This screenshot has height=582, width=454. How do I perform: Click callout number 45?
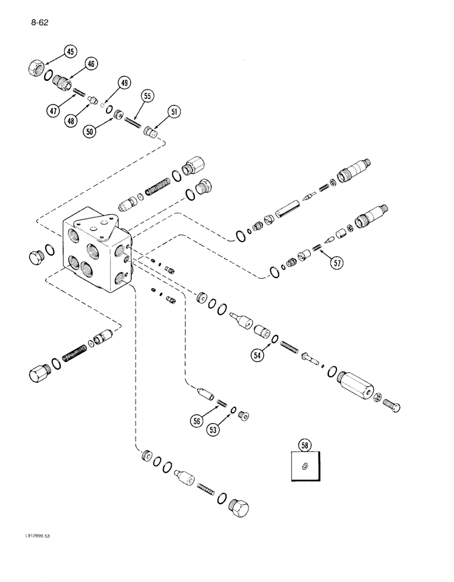pos(69,52)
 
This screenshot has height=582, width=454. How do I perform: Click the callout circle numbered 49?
pos(123,83)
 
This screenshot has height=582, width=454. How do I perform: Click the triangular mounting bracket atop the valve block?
pos(102,225)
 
